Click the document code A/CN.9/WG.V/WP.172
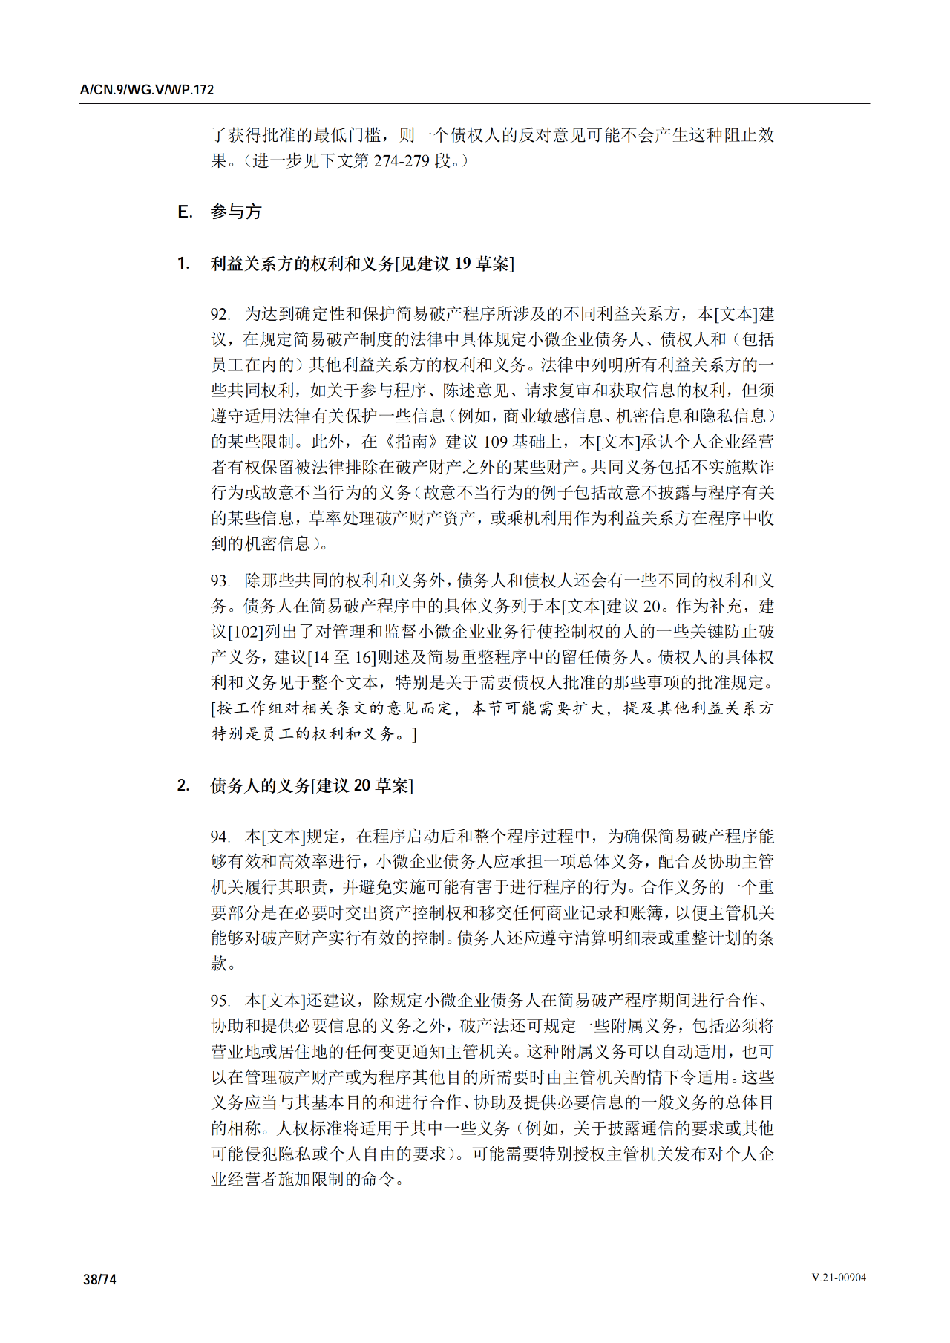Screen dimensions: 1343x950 click(147, 90)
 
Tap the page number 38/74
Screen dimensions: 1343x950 click(99, 1279)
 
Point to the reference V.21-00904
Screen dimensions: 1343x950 click(839, 1278)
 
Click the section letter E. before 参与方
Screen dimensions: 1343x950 click(185, 212)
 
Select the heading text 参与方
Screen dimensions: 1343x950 click(236, 212)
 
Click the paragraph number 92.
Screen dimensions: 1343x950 click(220, 315)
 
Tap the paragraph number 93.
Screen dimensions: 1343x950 click(220, 581)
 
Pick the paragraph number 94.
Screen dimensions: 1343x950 click(220, 837)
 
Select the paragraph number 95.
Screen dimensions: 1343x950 click(220, 1001)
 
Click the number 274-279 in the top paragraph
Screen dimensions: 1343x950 click(402, 161)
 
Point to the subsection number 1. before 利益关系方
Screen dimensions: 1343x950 click(183, 264)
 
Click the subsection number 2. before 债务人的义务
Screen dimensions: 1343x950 click(183, 785)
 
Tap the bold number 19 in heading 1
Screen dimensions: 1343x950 click(462, 264)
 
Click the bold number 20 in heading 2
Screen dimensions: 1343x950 click(362, 785)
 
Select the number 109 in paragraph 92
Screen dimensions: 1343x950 click(495, 442)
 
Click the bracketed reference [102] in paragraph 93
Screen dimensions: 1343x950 click(246, 633)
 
